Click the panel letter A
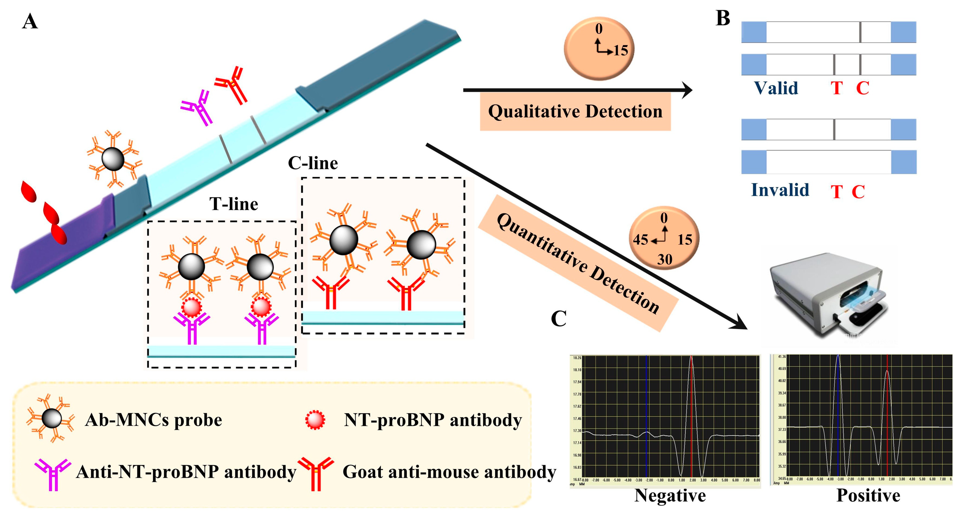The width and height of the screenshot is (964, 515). (30, 21)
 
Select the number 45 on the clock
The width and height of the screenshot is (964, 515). (640, 240)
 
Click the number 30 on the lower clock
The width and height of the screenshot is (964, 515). (665, 259)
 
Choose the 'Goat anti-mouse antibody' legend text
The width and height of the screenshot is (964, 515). (449, 472)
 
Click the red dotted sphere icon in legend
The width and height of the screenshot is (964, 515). (315, 420)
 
